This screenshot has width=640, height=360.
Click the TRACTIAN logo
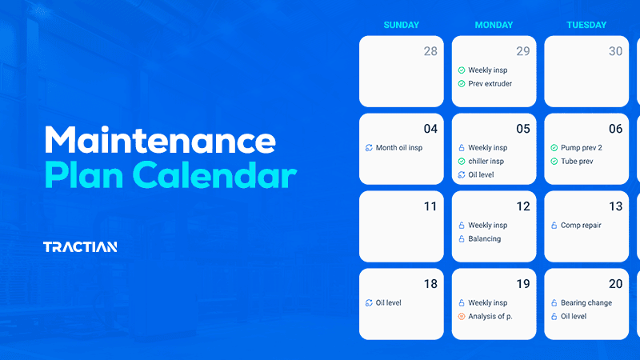(x=80, y=246)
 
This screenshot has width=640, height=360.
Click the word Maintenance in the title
(x=160, y=141)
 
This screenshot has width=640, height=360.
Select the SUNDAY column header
(x=401, y=25)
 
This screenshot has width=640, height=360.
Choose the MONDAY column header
(x=494, y=25)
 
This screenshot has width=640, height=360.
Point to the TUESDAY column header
(x=586, y=25)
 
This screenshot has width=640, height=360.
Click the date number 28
(x=430, y=51)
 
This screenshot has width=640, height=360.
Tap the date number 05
(x=523, y=129)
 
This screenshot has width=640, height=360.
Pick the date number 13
(x=615, y=206)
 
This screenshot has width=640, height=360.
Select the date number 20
(x=615, y=284)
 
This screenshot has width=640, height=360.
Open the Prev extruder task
(x=490, y=84)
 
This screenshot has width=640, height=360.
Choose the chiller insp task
(x=486, y=162)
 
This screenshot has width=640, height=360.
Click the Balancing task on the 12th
(x=484, y=239)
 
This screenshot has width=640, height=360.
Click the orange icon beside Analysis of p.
(x=462, y=317)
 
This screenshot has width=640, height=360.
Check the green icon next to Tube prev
(x=554, y=162)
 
